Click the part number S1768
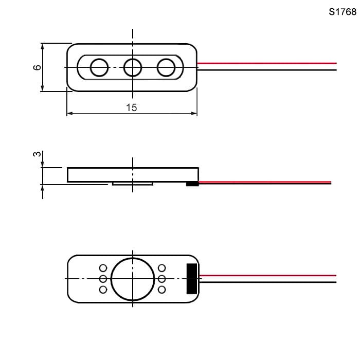pos(343,12)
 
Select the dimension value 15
pos(132,107)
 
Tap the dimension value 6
pos(37,67)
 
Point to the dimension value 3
pos(37,154)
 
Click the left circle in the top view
pos(99,67)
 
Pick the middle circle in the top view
pos(133,67)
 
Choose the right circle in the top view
pos(166,67)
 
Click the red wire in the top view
pos(267,63)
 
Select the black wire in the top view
pos(267,70)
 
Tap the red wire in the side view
pos(265,183)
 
